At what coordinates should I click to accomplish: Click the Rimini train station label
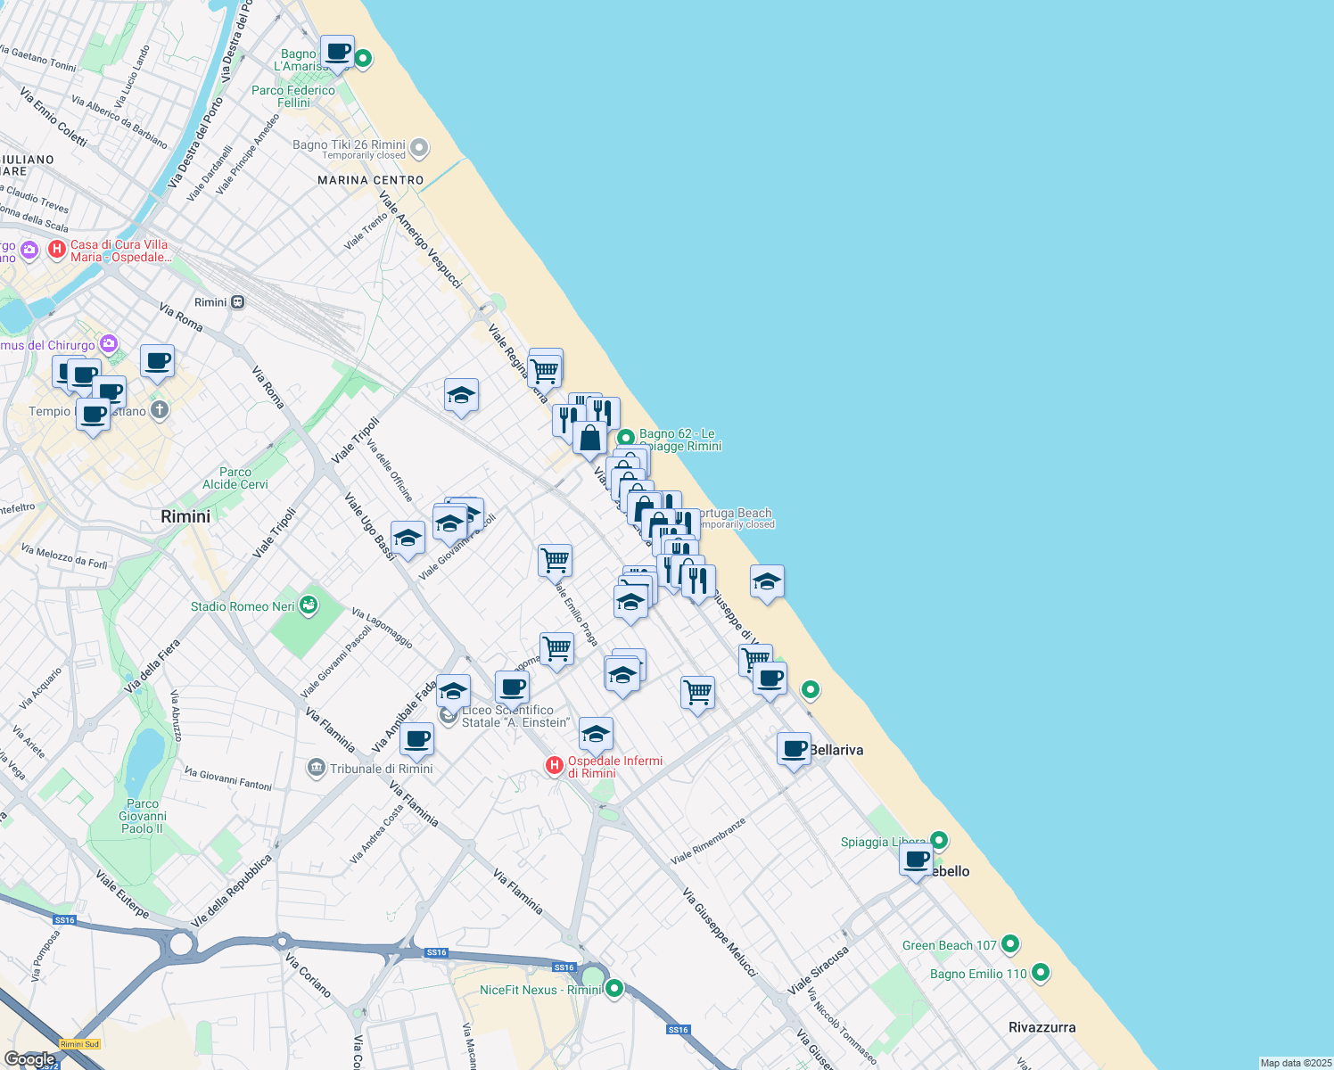pyautogui.click(x=211, y=302)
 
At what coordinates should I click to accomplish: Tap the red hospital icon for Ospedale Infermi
pyautogui.click(x=555, y=765)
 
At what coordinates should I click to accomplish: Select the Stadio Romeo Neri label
pyautogui.click(x=243, y=606)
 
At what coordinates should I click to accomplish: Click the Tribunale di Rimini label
pyautogui.click(x=381, y=769)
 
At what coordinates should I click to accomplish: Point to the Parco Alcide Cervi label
pyautogui.click(x=235, y=479)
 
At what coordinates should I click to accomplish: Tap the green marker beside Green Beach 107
pyautogui.click(x=1010, y=943)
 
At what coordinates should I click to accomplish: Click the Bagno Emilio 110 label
pyautogui.click(x=978, y=974)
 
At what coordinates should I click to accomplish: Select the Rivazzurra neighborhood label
pyautogui.click(x=1042, y=1027)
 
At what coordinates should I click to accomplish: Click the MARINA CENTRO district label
pyautogui.click(x=371, y=180)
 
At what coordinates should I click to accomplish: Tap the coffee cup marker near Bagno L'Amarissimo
pyautogui.click(x=337, y=52)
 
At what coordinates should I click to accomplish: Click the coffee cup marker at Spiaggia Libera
pyautogui.click(x=916, y=860)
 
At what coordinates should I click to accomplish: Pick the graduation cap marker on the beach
pyautogui.click(x=767, y=582)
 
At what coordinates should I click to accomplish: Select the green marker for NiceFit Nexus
pyautogui.click(x=613, y=988)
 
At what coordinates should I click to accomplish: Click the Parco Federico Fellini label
pyautogui.click(x=293, y=96)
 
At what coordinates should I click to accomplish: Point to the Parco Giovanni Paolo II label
pyautogui.click(x=143, y=816)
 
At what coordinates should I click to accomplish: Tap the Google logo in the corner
pyautogui.click(x=29, y=1059)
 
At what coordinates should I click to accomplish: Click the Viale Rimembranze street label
pyautogui.click(x=708, y=841)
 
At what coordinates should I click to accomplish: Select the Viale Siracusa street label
pyautogui.click(x=818, y=970)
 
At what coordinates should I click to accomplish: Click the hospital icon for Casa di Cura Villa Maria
pyautogui.click(x=57, y=250)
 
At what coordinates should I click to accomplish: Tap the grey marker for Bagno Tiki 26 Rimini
pyautogui.click(x=420, y=148)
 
